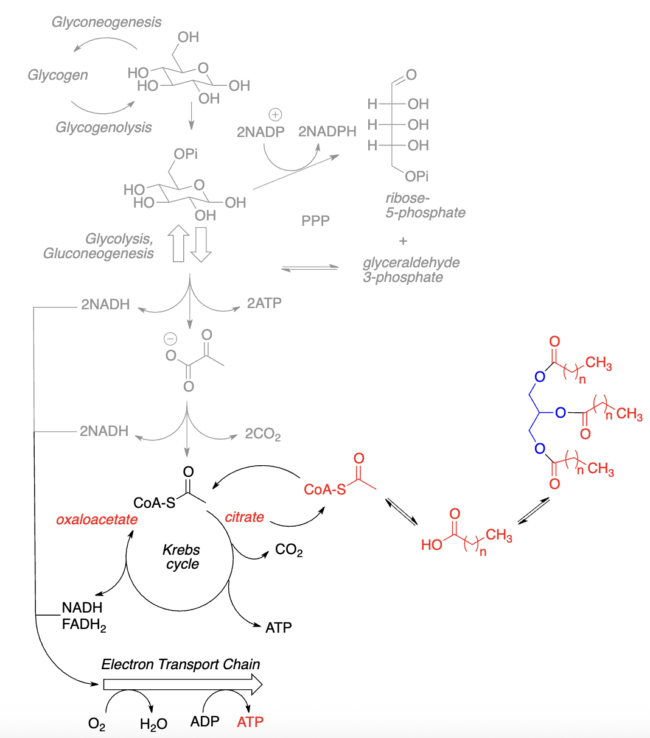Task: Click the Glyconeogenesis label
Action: click(x=107, y=23)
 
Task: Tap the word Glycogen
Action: click(x=58, y=76)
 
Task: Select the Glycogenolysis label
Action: click(x=103, y=128)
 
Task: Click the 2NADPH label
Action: click(x=327, y=132)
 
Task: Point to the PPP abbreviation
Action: click(x=315, y=220)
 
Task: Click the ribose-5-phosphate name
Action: click(x=425, y=206)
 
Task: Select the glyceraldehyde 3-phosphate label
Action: click(x=411, y=270)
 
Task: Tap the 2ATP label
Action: click(x=264, y=303)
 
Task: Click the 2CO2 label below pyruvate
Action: click(x=263, y=434)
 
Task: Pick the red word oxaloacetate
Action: click(x=97, y=520)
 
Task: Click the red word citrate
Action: click(x=244, y=518)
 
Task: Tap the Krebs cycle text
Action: click(x=181, y=557)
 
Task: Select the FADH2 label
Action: click(x=84, y=625)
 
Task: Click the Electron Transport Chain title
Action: click(x=181, y=664)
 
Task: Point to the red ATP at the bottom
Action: click(x=250, y=722)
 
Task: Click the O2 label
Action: click(x=97, y=724)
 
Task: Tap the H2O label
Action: click(x=153, y=724)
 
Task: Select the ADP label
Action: click(x=204, y=722)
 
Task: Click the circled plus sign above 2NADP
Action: click(x=275, y=114)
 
